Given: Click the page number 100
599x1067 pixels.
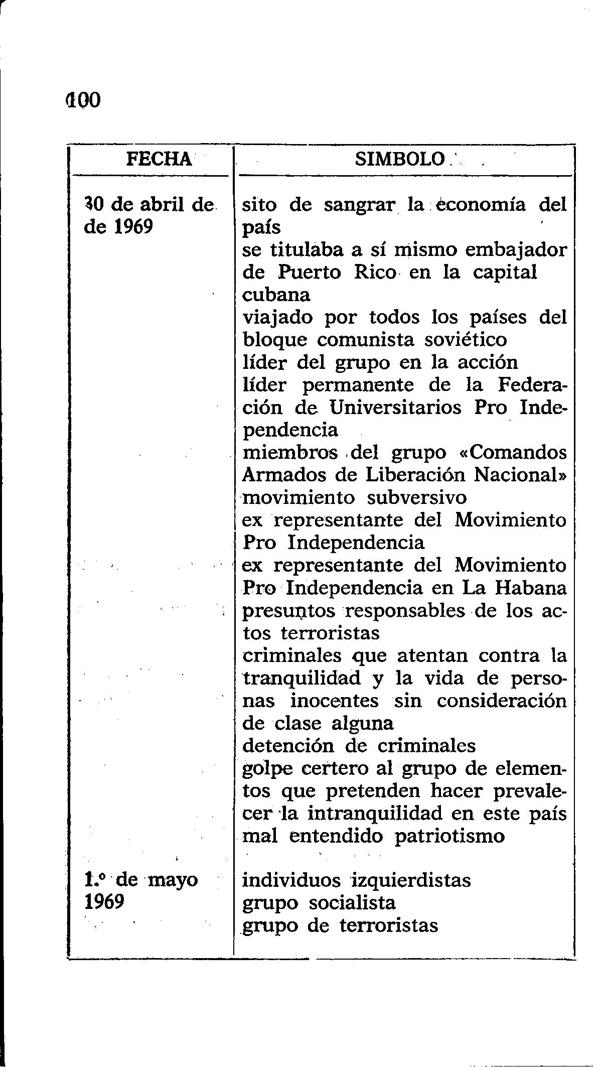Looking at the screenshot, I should click(x=83, y=100).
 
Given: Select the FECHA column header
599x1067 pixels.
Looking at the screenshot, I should click(x=159, y=160).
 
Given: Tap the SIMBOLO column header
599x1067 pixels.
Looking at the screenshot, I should click(x=400, y=160).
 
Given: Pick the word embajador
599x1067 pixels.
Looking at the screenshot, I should click(x=515, y=250).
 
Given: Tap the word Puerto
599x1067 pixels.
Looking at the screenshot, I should click(x=310, y=273).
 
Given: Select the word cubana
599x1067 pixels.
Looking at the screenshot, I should click(x=276, y=295).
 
